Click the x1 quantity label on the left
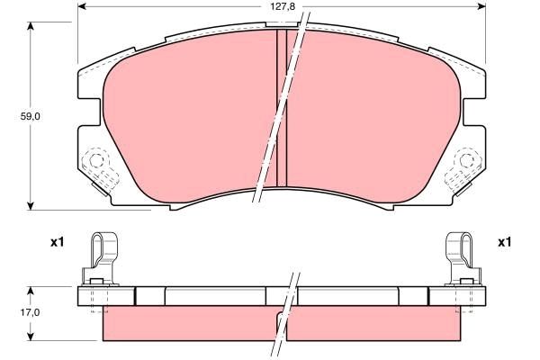click(x=56, y=242)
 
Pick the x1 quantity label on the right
click(x=504, y=242)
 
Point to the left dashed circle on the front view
click(x=94, y=162)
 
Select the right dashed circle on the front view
click(x=467, y=162)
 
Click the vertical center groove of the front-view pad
click(x=281, y=108)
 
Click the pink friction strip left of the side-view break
click(x=189, y=326)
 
